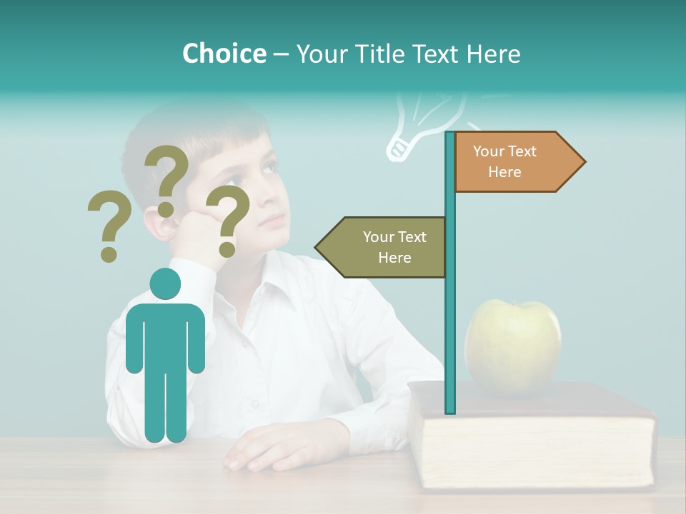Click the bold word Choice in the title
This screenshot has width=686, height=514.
[224, 54]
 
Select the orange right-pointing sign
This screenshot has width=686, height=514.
[517, 162]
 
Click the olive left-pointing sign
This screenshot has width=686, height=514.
[382, 247]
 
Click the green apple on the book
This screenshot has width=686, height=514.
[512, 347]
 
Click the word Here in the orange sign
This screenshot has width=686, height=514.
[504, 172]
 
